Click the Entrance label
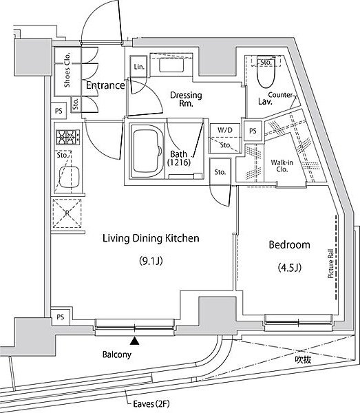pyautogui.click(x=106, y=85)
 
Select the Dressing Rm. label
pyautogui.click(x=182, y=100)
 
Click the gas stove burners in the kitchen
pyautogui.click(x=67, y=137)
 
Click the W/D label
pyautogui.click(x=224, y=129)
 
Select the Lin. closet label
pyautogui.click(x=138, y=67)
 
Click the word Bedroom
pyautogui.click(x=289, y=244)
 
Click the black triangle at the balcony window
pyautogui.click(x=135, y=339)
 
